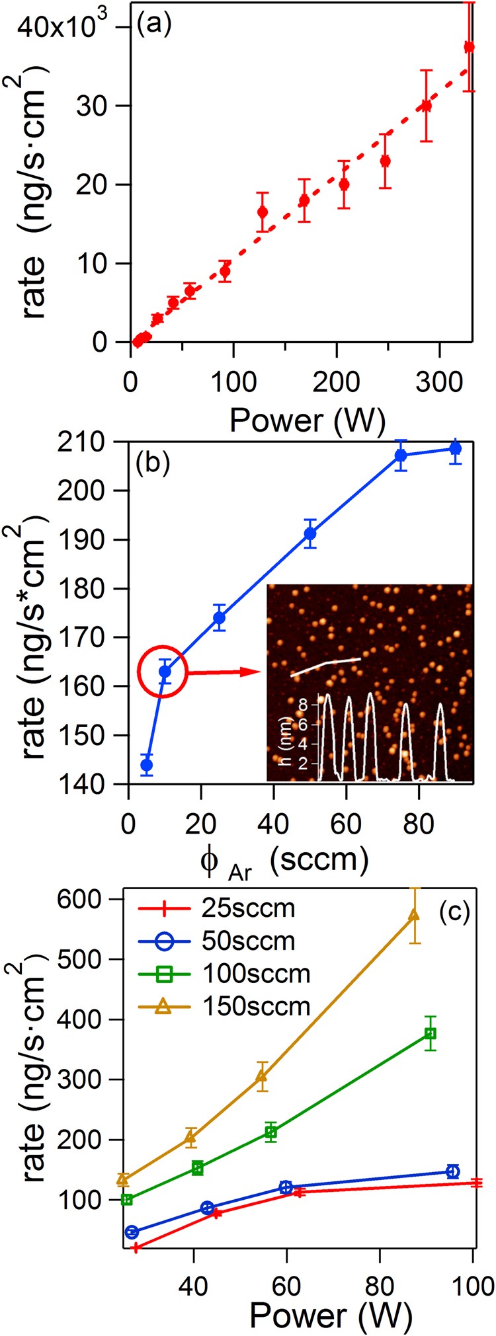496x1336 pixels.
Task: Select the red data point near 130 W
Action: point(263,212)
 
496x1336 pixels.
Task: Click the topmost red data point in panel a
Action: point(469,47)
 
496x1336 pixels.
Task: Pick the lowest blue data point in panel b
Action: point(147,765)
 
